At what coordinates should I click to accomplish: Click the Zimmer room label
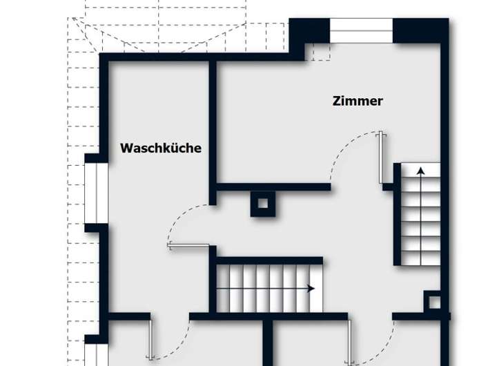(358, 101)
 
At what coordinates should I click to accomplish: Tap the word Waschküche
(161, 148)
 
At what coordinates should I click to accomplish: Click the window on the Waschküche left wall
(95, 193)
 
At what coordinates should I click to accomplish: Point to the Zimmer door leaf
(380, 157)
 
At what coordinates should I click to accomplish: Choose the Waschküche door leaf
(188, 245)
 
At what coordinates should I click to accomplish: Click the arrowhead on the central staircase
(311, 289)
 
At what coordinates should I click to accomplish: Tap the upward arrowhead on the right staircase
(420, 168)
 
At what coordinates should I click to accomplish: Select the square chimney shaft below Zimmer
(262, 203)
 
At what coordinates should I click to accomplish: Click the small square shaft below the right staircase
(433, 301)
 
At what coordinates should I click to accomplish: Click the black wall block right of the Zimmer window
(420, 30)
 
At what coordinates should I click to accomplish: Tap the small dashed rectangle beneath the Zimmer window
(320, 52)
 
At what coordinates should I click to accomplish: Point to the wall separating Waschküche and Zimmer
(213, 131)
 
